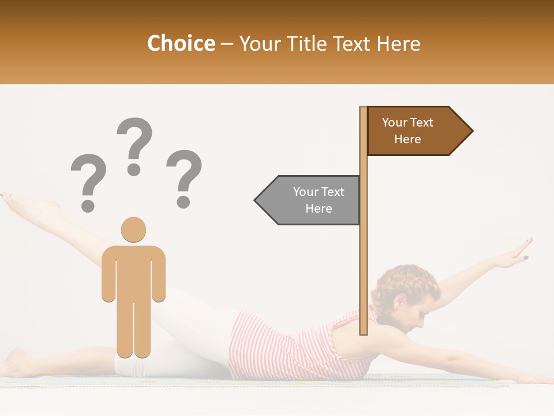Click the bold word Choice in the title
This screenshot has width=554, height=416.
click(181, 44)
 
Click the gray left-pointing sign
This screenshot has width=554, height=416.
click(309, 200)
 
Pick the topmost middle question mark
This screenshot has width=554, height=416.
click(134, 144)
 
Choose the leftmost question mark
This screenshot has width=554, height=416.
click(88, 181)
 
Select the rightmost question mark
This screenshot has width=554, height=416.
click(184, 178)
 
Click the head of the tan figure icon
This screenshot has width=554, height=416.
click(133, 229)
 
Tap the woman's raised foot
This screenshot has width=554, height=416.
click(29, 205)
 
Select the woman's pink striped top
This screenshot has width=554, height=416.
click(289, 347)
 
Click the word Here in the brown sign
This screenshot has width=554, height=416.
click(407, 139)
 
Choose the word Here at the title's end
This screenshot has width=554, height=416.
click(399, 44)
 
